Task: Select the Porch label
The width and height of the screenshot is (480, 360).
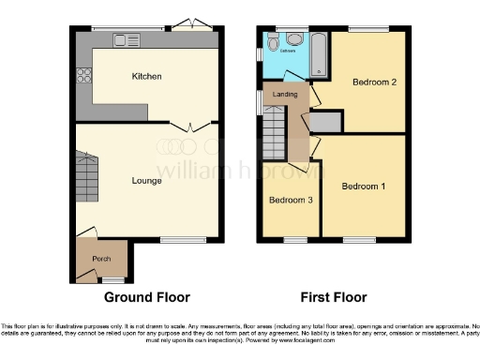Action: (x=100, y=259)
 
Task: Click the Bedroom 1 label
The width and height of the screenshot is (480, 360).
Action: (x=363, y=187)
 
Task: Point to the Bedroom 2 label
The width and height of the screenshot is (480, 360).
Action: (x=374, y=82)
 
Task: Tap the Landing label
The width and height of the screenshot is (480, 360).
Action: (x=285, y=96)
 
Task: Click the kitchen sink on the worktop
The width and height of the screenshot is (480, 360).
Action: (x=125, y=39)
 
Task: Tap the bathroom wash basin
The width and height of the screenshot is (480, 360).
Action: (x=272, y=42)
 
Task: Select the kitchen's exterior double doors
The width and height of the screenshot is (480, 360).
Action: (x=192, y=22)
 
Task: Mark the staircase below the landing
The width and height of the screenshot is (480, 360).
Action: (x=274, y=135)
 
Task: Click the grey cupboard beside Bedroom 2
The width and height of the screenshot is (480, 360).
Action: (x=325, y=122)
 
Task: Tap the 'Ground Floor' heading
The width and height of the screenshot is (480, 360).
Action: (x=146, y=297)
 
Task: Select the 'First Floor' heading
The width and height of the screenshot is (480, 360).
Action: (x=333, y=297)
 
